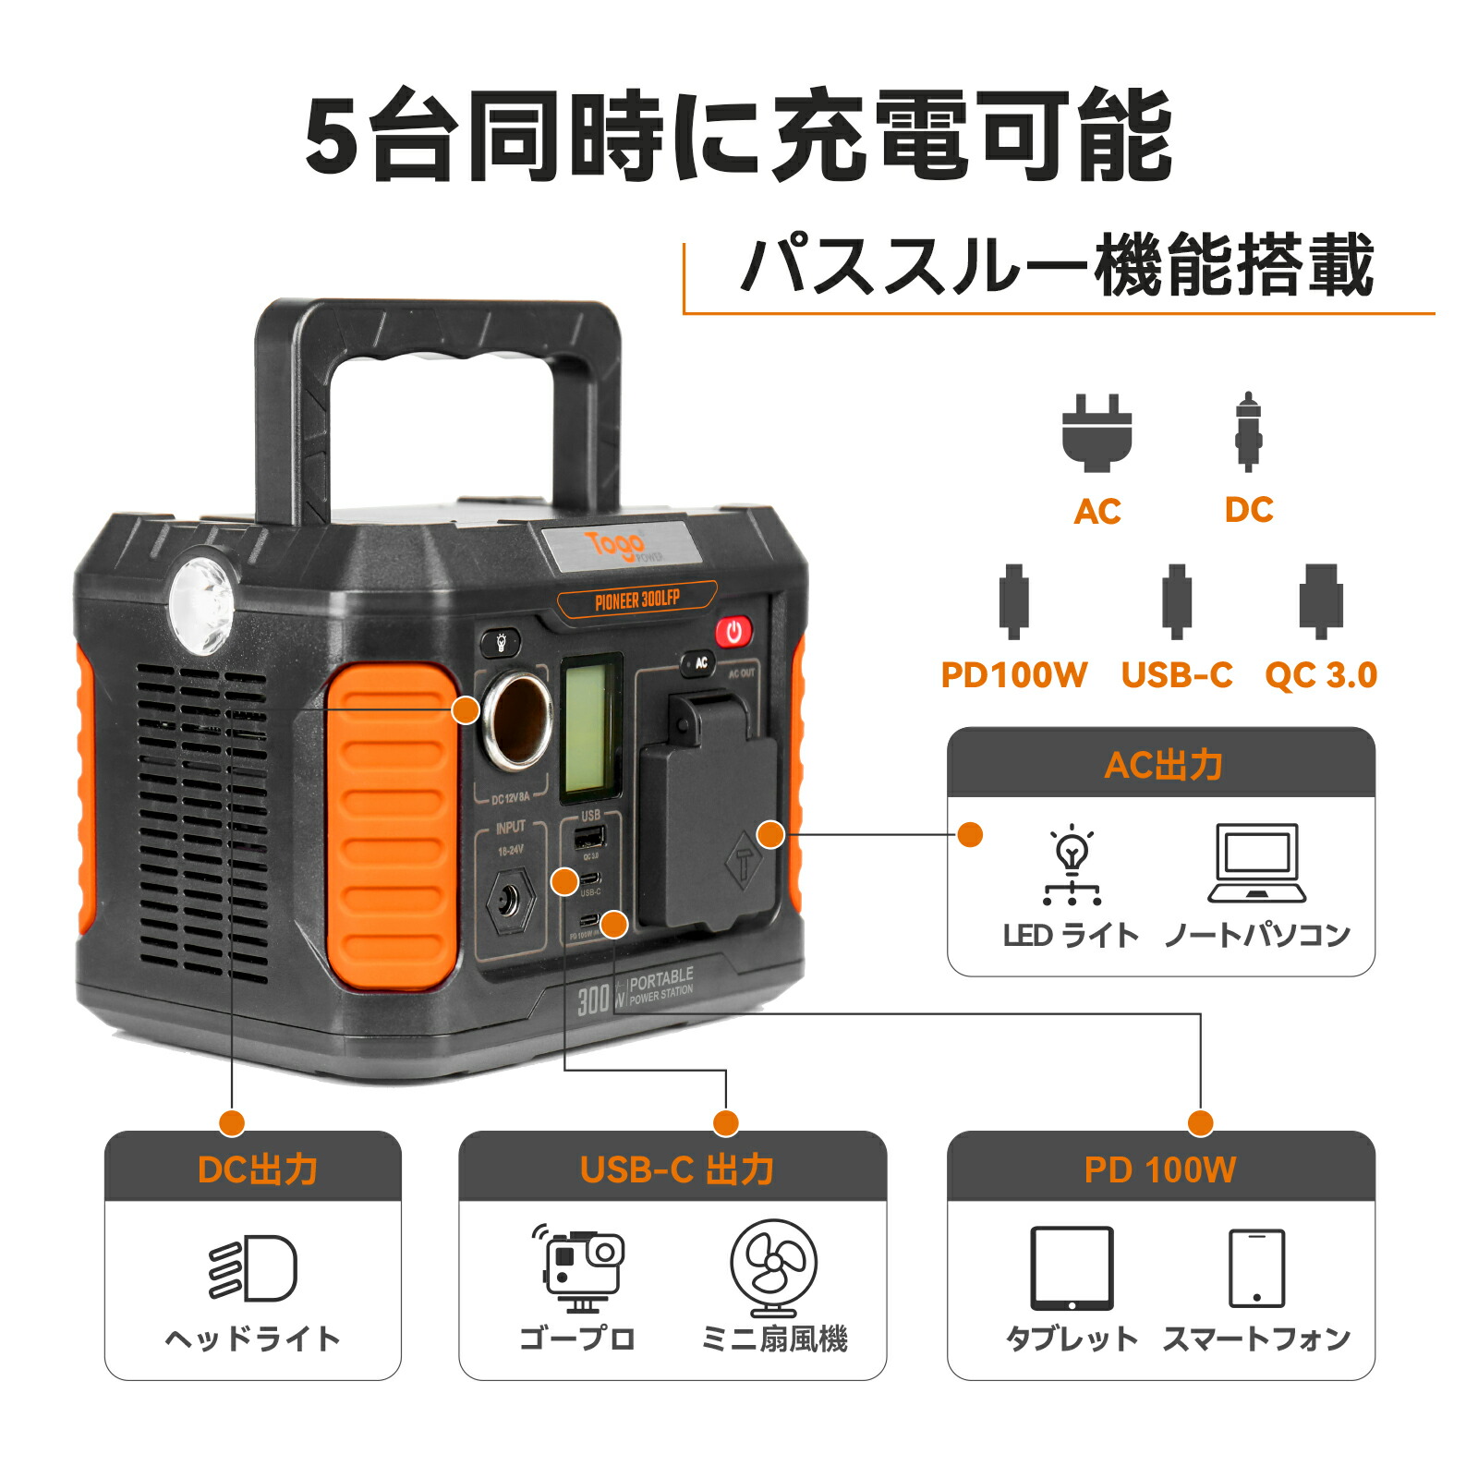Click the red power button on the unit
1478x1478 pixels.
click(x=733, y=632)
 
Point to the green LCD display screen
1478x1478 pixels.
click(x=589, y=727)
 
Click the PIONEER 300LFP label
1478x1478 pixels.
click(x=636, y=600)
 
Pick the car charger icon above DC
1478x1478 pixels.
click(x=1248, y=431)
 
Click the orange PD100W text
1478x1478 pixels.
click(x=1013, y=675)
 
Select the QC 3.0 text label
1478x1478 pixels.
click(x=1320, y=675)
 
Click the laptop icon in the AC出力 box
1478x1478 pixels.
click(x=1257, y=863)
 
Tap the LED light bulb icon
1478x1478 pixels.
click(x=1072, y=864)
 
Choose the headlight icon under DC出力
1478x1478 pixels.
click(x=254, y=1267)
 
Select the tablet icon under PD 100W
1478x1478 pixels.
click(x=1072, y=1267)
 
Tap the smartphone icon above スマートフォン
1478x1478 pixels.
click(x=1256, y=1267)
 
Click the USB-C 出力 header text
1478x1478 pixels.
click(x=676, y=1169)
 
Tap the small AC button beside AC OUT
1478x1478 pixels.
click(x=700, y=662)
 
